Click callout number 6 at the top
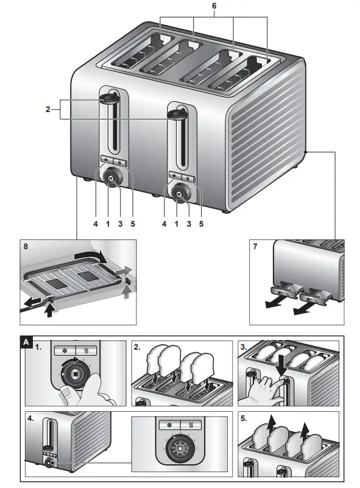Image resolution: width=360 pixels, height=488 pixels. pos(213,5)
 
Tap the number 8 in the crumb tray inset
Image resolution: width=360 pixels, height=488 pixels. pos(25,247)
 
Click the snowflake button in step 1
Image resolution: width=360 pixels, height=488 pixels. pos(63,351)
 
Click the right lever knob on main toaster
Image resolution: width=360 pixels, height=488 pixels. pos(177,114)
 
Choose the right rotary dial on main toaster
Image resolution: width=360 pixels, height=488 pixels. pos(180,195)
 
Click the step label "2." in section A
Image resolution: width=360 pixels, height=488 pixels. pos(137,347)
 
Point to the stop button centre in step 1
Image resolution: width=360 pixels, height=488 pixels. pos(75,373)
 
